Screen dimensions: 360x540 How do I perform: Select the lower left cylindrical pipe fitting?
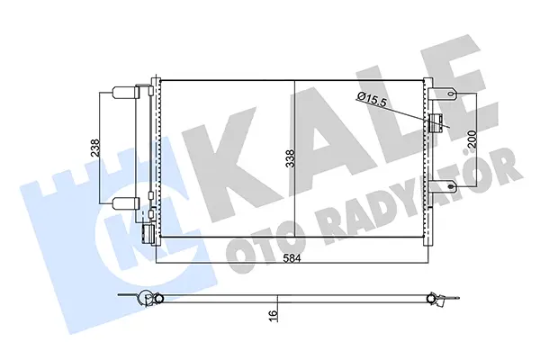tap(122, 203)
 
